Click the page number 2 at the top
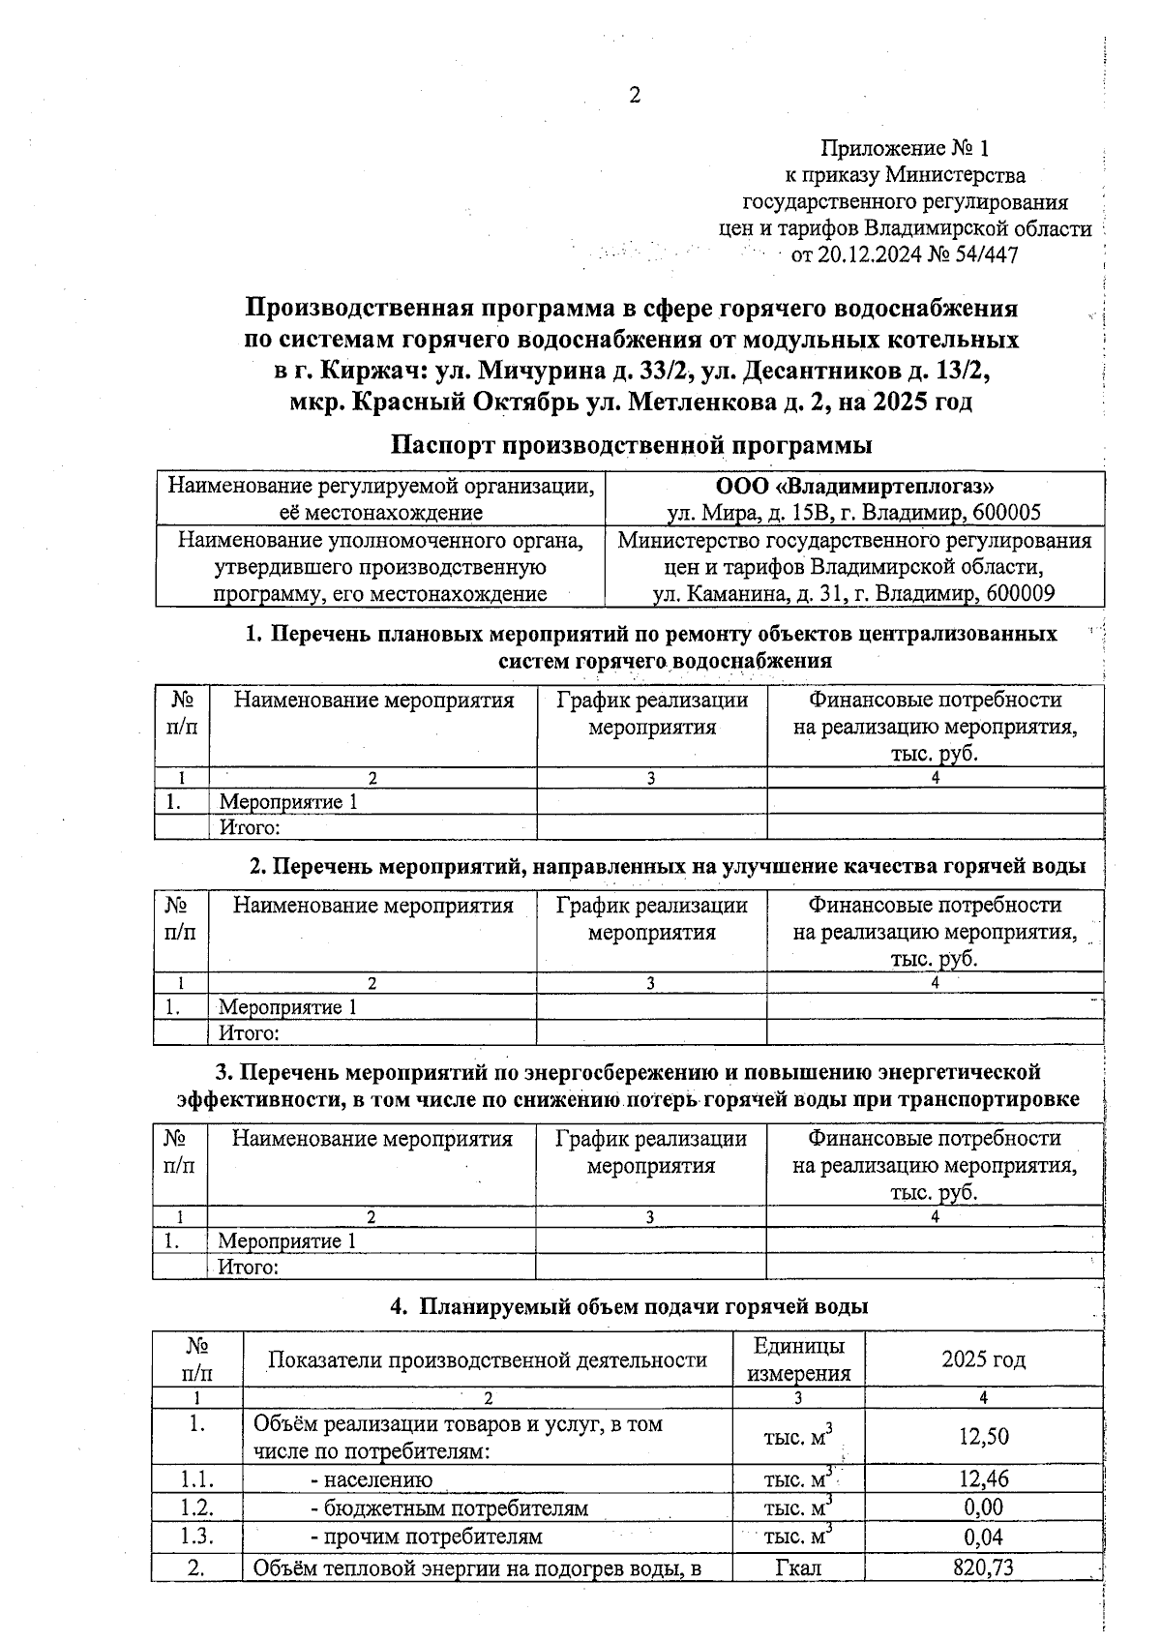point(635,95)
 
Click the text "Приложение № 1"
point(905,148)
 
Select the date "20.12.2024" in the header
point(870,254)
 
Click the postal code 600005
point(1006,513)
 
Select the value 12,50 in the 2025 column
point(983,1437)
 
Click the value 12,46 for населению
point(983,1479)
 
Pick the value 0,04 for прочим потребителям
point(983,1537)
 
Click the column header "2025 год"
point(983,1359)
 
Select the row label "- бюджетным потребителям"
point(448,1508)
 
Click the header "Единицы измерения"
point(797,1359)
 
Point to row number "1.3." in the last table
point(196,1537)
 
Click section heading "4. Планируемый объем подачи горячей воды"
point(629,1306)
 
